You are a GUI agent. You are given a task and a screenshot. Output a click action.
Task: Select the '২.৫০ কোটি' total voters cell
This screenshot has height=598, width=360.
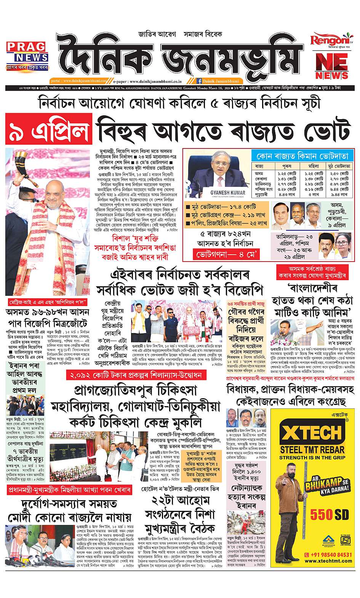point(339,174)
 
